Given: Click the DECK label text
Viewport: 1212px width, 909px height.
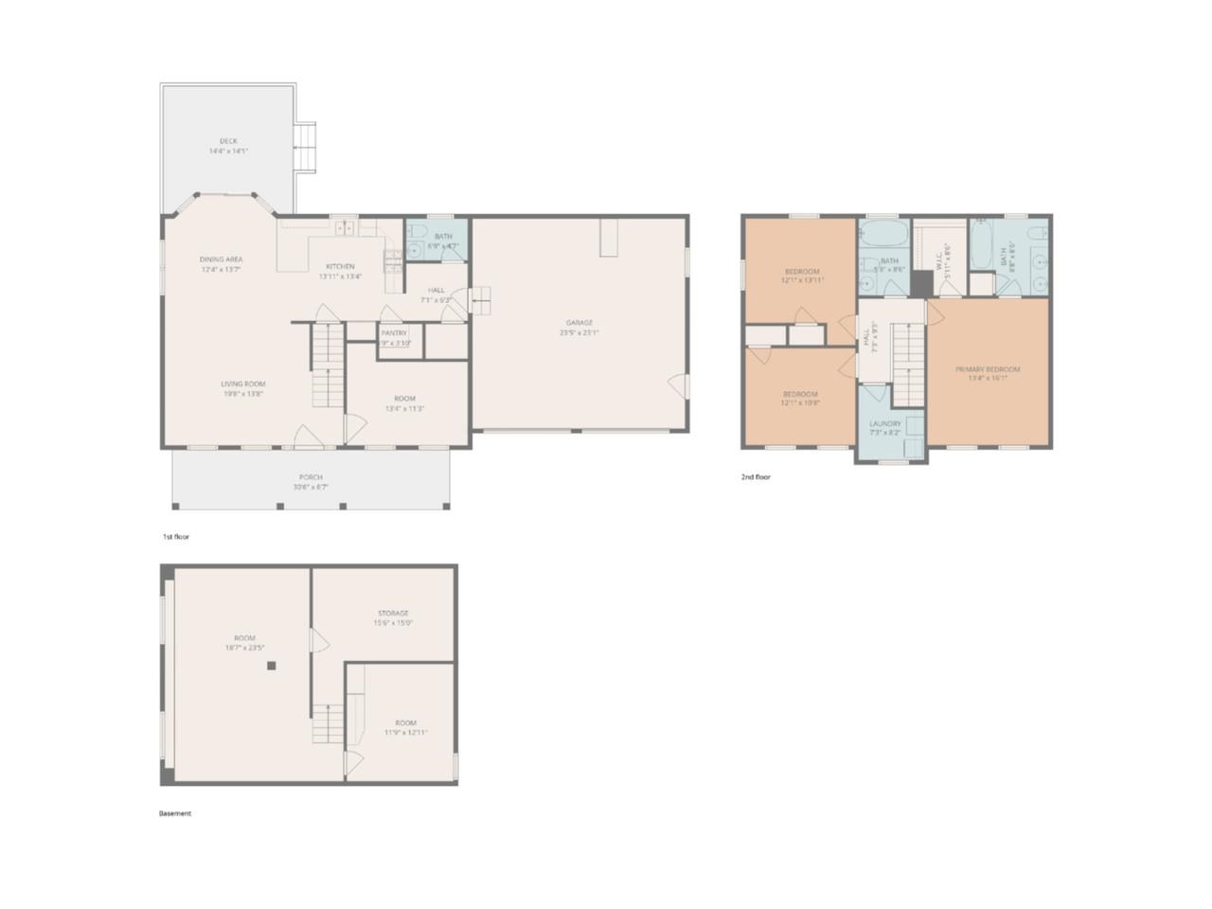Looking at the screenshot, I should coord(228,141).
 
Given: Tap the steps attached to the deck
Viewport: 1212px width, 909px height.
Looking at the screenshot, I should coord(304,148).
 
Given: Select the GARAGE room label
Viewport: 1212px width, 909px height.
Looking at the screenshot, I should coord(579,323).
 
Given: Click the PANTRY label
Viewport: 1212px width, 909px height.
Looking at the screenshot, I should coord(394,333).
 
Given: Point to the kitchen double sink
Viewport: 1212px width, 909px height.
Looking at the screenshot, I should coord(347,227).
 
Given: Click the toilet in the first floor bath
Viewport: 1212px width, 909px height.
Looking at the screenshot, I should coord(414,251).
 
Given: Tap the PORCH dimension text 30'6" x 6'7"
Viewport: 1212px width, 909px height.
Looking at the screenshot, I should coord(310,488).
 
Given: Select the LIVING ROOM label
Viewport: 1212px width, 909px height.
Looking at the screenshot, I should coord(242,383).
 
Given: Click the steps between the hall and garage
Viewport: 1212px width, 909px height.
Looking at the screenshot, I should coord(481,301).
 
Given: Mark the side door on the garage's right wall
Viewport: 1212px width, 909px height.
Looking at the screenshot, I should coord(677,385).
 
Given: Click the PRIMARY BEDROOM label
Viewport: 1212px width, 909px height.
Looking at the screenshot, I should coord(988,369).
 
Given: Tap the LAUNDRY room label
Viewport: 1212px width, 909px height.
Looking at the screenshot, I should coord(885,423).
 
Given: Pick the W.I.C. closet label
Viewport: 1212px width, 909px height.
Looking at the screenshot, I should coord(937,258).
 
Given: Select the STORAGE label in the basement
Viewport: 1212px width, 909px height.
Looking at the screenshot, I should coord(393,613).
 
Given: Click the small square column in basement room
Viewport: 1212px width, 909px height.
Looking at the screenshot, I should coord(271,666).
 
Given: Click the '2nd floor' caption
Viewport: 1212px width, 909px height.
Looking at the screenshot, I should coord(756,477).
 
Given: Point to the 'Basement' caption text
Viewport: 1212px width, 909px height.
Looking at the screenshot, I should coord(174,813).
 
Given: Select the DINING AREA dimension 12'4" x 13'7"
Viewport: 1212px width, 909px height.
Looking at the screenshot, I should coord(221,270).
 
